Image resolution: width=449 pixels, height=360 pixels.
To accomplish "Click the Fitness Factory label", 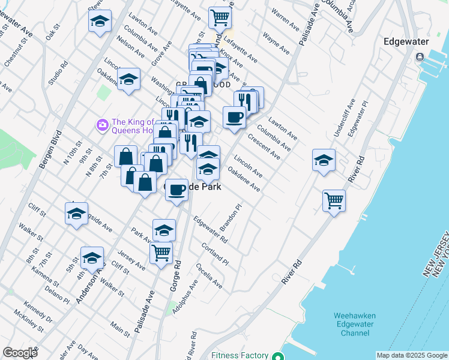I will pos(240,355).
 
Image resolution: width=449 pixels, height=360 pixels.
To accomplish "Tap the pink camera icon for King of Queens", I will pos(101,125).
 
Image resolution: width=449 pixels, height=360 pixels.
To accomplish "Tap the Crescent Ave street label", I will pos(264,147).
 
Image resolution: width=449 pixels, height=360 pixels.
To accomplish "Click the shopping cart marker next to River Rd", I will pos(334,200).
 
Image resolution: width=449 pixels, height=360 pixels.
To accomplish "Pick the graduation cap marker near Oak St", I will pos(100,22).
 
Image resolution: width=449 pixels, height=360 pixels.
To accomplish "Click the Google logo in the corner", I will pos(20,353).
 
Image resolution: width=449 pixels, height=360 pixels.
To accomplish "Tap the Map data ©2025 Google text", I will pos(412,355).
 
